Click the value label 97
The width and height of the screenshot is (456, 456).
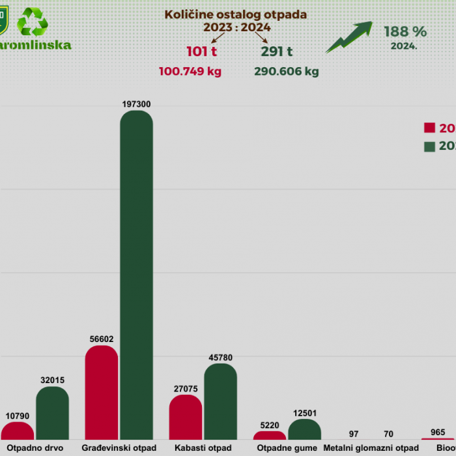354,433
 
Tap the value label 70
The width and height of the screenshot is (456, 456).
389,433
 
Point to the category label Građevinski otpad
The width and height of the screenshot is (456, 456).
119,448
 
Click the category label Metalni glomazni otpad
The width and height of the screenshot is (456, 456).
371,448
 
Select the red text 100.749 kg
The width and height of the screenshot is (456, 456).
190,72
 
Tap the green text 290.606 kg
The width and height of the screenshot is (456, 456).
287,72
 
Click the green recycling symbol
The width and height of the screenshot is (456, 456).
33,22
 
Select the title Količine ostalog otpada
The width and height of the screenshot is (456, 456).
236,14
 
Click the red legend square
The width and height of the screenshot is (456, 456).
429,128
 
